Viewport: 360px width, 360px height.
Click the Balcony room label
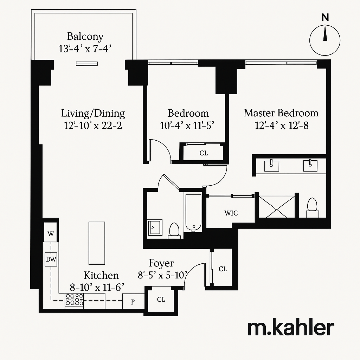(x=85, y=36)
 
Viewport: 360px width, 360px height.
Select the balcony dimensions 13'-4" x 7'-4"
(x=85, y=48)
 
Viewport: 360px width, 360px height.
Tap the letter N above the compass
(x=325, y=18)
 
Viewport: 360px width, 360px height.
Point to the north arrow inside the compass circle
(x=325, y=35)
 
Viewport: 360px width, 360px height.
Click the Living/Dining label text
(x=93, y=113)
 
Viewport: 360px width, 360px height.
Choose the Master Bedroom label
(x=281, y=113)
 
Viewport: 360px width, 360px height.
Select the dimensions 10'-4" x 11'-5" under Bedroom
(x=187, y=126)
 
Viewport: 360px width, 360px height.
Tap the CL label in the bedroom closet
(x=203, y=153)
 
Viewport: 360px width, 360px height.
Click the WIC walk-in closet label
(x=231, y=213)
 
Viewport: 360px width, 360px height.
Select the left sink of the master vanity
(x=271, y=165)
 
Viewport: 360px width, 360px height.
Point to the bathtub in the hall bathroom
(x=193, y=213)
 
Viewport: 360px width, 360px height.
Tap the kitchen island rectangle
(x=97, y=243)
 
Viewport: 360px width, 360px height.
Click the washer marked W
(x=51, y=234)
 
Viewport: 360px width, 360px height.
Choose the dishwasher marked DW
(x=51, y=260)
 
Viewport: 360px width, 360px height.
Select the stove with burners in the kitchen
(x=74, y=300)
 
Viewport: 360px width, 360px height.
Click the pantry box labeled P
(x=133, y=302)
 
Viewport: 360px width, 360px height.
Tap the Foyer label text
(x=161, y=263)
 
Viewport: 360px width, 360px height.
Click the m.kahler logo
(x=290, y=328)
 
